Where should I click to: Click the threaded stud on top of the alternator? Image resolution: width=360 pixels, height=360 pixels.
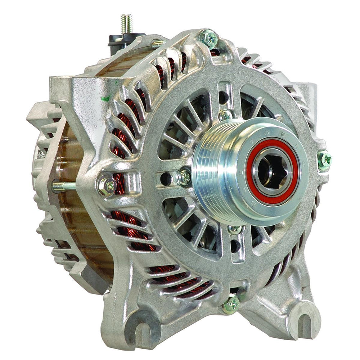coord(127,24)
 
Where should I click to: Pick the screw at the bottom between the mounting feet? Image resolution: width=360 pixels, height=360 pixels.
coord(231,305)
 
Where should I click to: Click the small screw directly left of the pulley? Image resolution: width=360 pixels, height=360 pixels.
coord(184,177)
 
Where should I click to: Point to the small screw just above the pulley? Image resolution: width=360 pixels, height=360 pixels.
coord(226,115)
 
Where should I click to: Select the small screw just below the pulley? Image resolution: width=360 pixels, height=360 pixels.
coord(235,229)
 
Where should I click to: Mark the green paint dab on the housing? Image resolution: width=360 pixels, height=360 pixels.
coord(105,98)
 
